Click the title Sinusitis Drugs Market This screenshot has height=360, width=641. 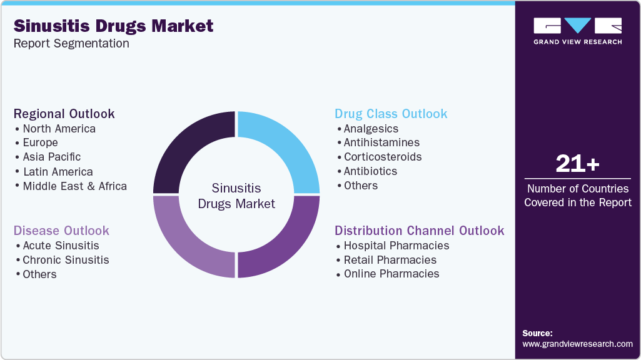click(x=113, y=26)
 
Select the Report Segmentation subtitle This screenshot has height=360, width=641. click(x=71, y=43)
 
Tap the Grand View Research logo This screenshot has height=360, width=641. click(x=577, y=31)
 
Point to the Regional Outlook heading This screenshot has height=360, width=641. click(x=64, y=114)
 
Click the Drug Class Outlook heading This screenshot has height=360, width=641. click(x=391, y=114)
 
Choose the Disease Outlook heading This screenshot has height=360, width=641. click(x=61, y=231)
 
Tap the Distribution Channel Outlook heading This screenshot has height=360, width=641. click(x=419, y=231)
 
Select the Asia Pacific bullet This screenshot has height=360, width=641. click(x=51, y=157)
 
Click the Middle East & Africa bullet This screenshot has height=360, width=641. click(x=74, y=186)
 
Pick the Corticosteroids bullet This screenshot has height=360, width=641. click(x=382, y=157)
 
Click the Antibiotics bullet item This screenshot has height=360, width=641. click(x=370, y=171)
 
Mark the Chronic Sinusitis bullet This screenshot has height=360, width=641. click(x=66, y=260)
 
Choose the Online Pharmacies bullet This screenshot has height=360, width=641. click(x=391, y=274)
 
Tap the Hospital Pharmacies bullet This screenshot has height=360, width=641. click(x=396, y=245)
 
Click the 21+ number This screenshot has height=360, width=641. click(x=577, y=164)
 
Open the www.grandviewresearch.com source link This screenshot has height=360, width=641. click(x=577, y=344)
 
